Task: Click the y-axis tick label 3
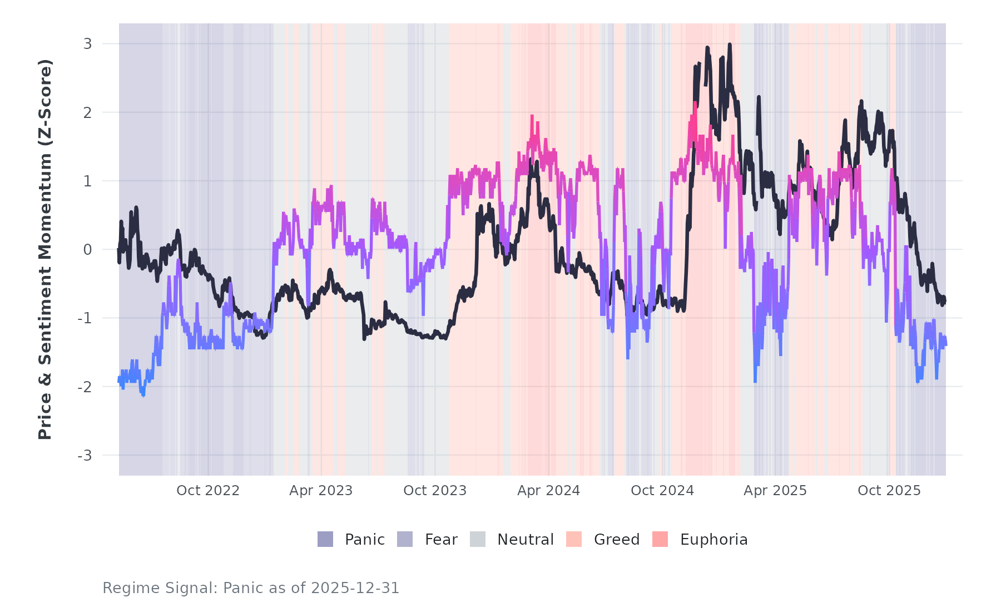click(87, 44)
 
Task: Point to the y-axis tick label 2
click(87, 112)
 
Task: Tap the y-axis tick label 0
click(87, 250)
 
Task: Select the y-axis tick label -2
click(85, 387)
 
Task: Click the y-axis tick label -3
click(85, 456)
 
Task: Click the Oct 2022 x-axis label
click(208, 491)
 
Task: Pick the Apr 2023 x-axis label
click(321, 491)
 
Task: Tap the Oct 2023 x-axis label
click(435, 491)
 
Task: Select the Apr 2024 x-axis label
click(548, 491)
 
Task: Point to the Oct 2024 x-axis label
click(662, 491)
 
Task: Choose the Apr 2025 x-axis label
click(775, 491)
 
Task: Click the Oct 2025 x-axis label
click(889, 491)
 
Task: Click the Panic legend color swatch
click(325, 539)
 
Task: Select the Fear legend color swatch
click(405, 539)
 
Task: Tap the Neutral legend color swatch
click(478, 539)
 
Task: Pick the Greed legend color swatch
click(574, 539)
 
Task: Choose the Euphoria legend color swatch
click(660, 539)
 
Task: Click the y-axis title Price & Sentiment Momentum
click(44, 249)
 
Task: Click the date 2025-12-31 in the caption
click(355, 588)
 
